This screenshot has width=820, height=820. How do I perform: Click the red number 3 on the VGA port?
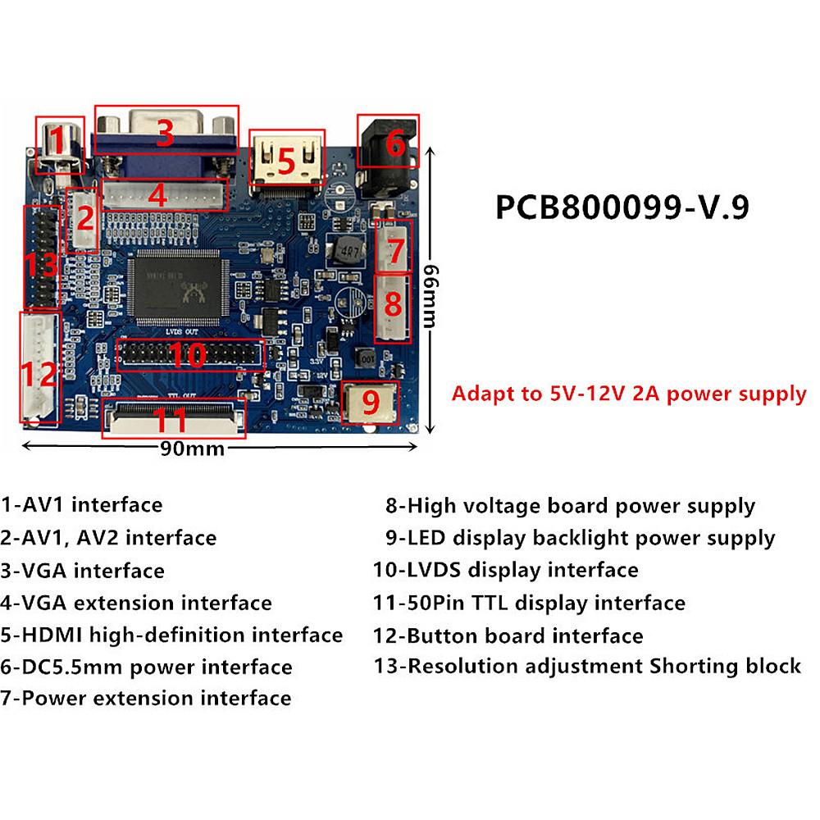(x=166, y=133)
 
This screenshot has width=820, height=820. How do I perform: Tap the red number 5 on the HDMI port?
(x=285, y=162)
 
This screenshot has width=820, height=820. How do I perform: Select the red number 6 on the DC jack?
(x=395, y=144)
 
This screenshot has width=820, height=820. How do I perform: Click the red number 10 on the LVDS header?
(x=189, y=355)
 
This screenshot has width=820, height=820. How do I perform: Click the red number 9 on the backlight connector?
(x=371, y=403)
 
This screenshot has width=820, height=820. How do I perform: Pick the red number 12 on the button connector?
(x=39, y=375)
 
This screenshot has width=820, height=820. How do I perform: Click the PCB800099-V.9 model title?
(x=622, y=207)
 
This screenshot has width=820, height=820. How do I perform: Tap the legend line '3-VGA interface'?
(x=83, y=571)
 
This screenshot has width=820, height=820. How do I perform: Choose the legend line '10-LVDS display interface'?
(x=505, y=570)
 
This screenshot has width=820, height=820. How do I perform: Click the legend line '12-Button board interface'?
(x=508, y=635)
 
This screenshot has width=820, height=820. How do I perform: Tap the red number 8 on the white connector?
(x=393, y=304)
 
